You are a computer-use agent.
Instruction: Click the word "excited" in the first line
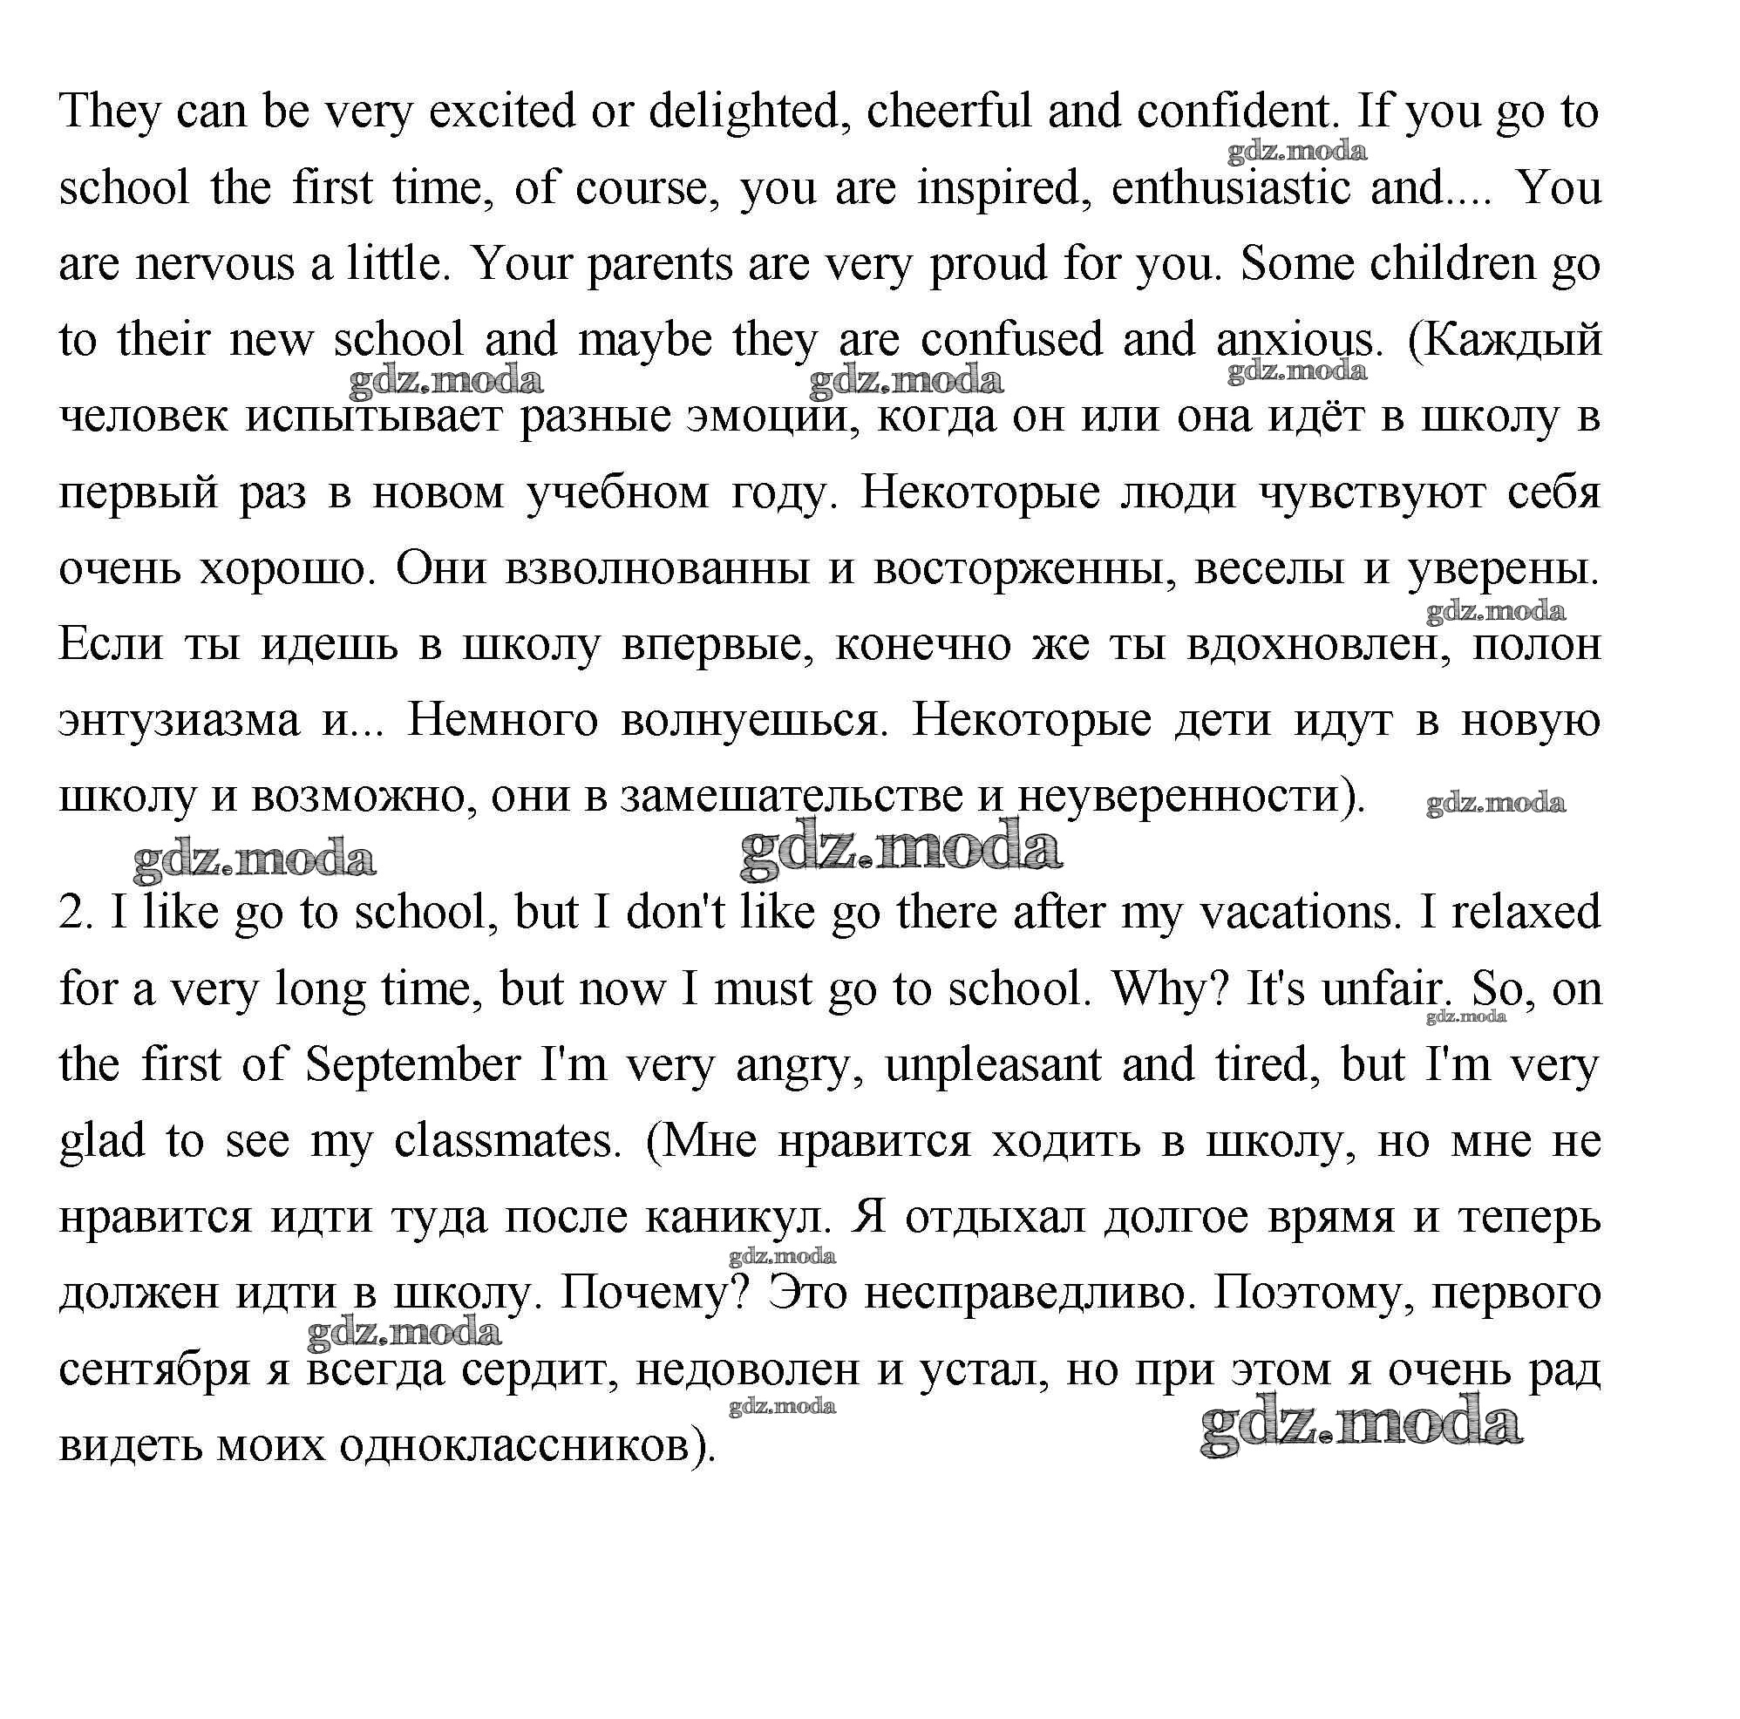coord(500,112)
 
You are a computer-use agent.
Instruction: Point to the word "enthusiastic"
coord(1231,188)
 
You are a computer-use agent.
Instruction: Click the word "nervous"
coord(215,264)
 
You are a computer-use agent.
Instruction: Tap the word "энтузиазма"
coord(180,720)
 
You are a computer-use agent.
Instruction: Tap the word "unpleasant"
coord(994,1064)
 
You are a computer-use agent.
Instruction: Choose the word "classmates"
coord(508,1141)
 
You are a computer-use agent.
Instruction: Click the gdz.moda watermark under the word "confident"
coord(1297,152)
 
